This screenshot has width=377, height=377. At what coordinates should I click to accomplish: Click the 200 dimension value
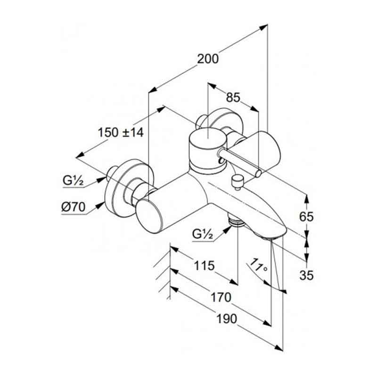[x=208, y=59]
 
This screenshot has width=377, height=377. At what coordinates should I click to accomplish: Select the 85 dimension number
[x=233, y=98]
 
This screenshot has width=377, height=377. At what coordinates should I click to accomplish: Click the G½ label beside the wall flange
[x=73, y=180]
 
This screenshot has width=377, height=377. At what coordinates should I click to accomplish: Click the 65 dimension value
[x=306, y=217]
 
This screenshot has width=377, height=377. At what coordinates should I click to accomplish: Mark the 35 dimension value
[x=306, y=276]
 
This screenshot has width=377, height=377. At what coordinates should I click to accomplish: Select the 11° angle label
[x=259, y=266]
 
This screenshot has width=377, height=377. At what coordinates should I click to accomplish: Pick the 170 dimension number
[x=221, y=297]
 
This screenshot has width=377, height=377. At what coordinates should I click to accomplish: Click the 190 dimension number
[x=226, y=319]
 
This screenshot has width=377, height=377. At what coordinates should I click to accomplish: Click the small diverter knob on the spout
[x=236, y=180]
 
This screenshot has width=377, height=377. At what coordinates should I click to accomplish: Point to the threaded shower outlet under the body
[x=234, y=221]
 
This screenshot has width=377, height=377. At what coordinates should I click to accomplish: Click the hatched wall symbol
[x=163, y=273]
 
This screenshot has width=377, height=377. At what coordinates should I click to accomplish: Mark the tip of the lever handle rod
[x=258, y=174]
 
